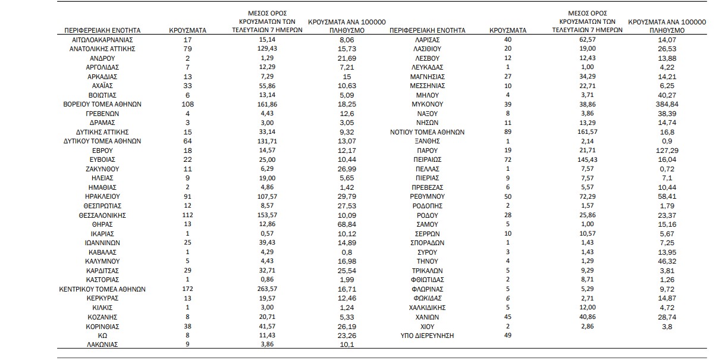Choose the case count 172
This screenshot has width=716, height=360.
click(x=187, y=289)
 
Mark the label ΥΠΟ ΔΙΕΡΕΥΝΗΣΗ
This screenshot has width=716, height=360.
click(x=427, y=336)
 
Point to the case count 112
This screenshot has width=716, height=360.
click(x=187, y=215)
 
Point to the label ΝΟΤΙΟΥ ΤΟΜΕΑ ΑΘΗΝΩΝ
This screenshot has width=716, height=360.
click(x=427, y=132)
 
